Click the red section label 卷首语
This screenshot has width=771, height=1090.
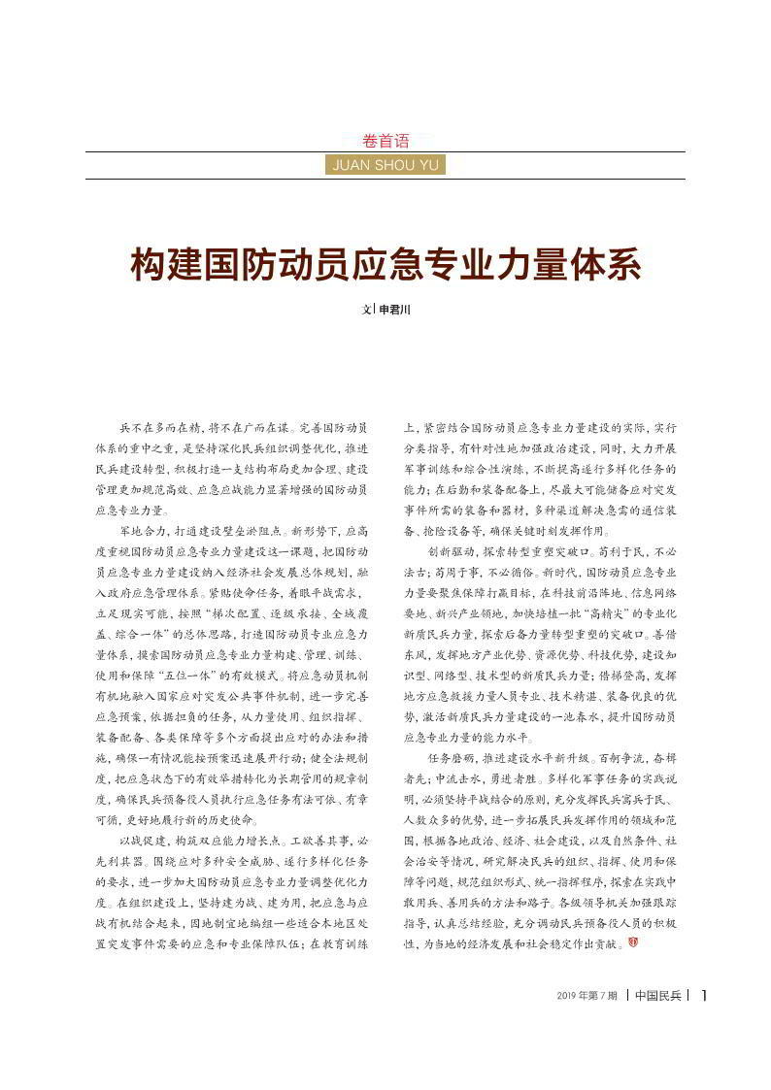tap(385, 140)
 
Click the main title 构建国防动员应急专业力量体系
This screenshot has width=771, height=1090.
tap(385, 266)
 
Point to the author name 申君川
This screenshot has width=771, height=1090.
tap(395, 311)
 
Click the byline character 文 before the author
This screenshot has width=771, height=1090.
tap(366, 311)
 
